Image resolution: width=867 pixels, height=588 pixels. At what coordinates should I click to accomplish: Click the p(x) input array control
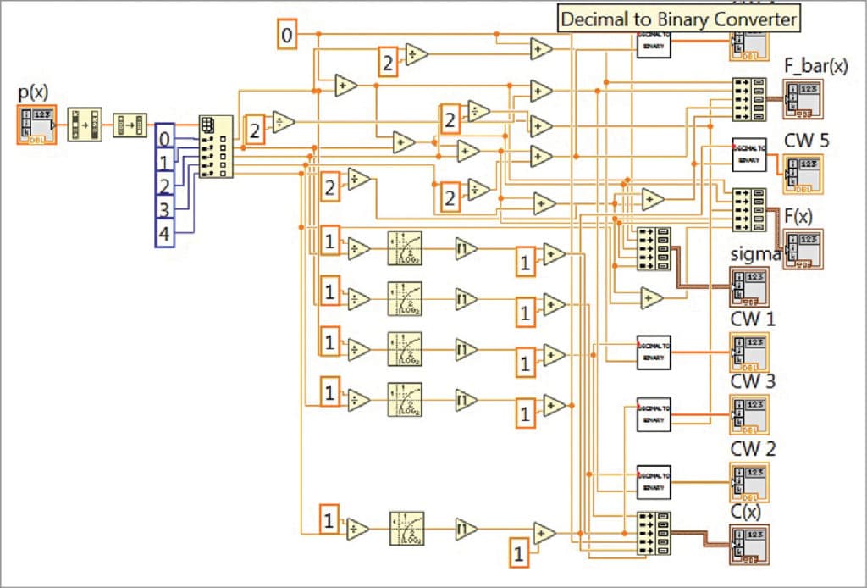tap(36, 125)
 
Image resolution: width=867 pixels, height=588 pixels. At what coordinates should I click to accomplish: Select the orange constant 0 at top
tap(288, 35)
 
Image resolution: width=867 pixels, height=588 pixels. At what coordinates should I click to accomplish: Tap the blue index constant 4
tap(165, 233)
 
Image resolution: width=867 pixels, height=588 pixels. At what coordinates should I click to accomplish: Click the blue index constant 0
tap(165, 138)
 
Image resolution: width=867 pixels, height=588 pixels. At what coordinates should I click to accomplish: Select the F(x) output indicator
tap(802, 249)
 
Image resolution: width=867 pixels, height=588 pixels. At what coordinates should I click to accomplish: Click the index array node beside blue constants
tap(215, 147)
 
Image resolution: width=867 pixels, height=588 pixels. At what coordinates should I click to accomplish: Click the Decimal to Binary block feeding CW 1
tap(653, 352)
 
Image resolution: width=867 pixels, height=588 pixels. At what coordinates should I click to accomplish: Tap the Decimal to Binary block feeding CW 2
tap(653, 481)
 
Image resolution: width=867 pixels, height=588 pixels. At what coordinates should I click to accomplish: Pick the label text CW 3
tap(753, 382)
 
